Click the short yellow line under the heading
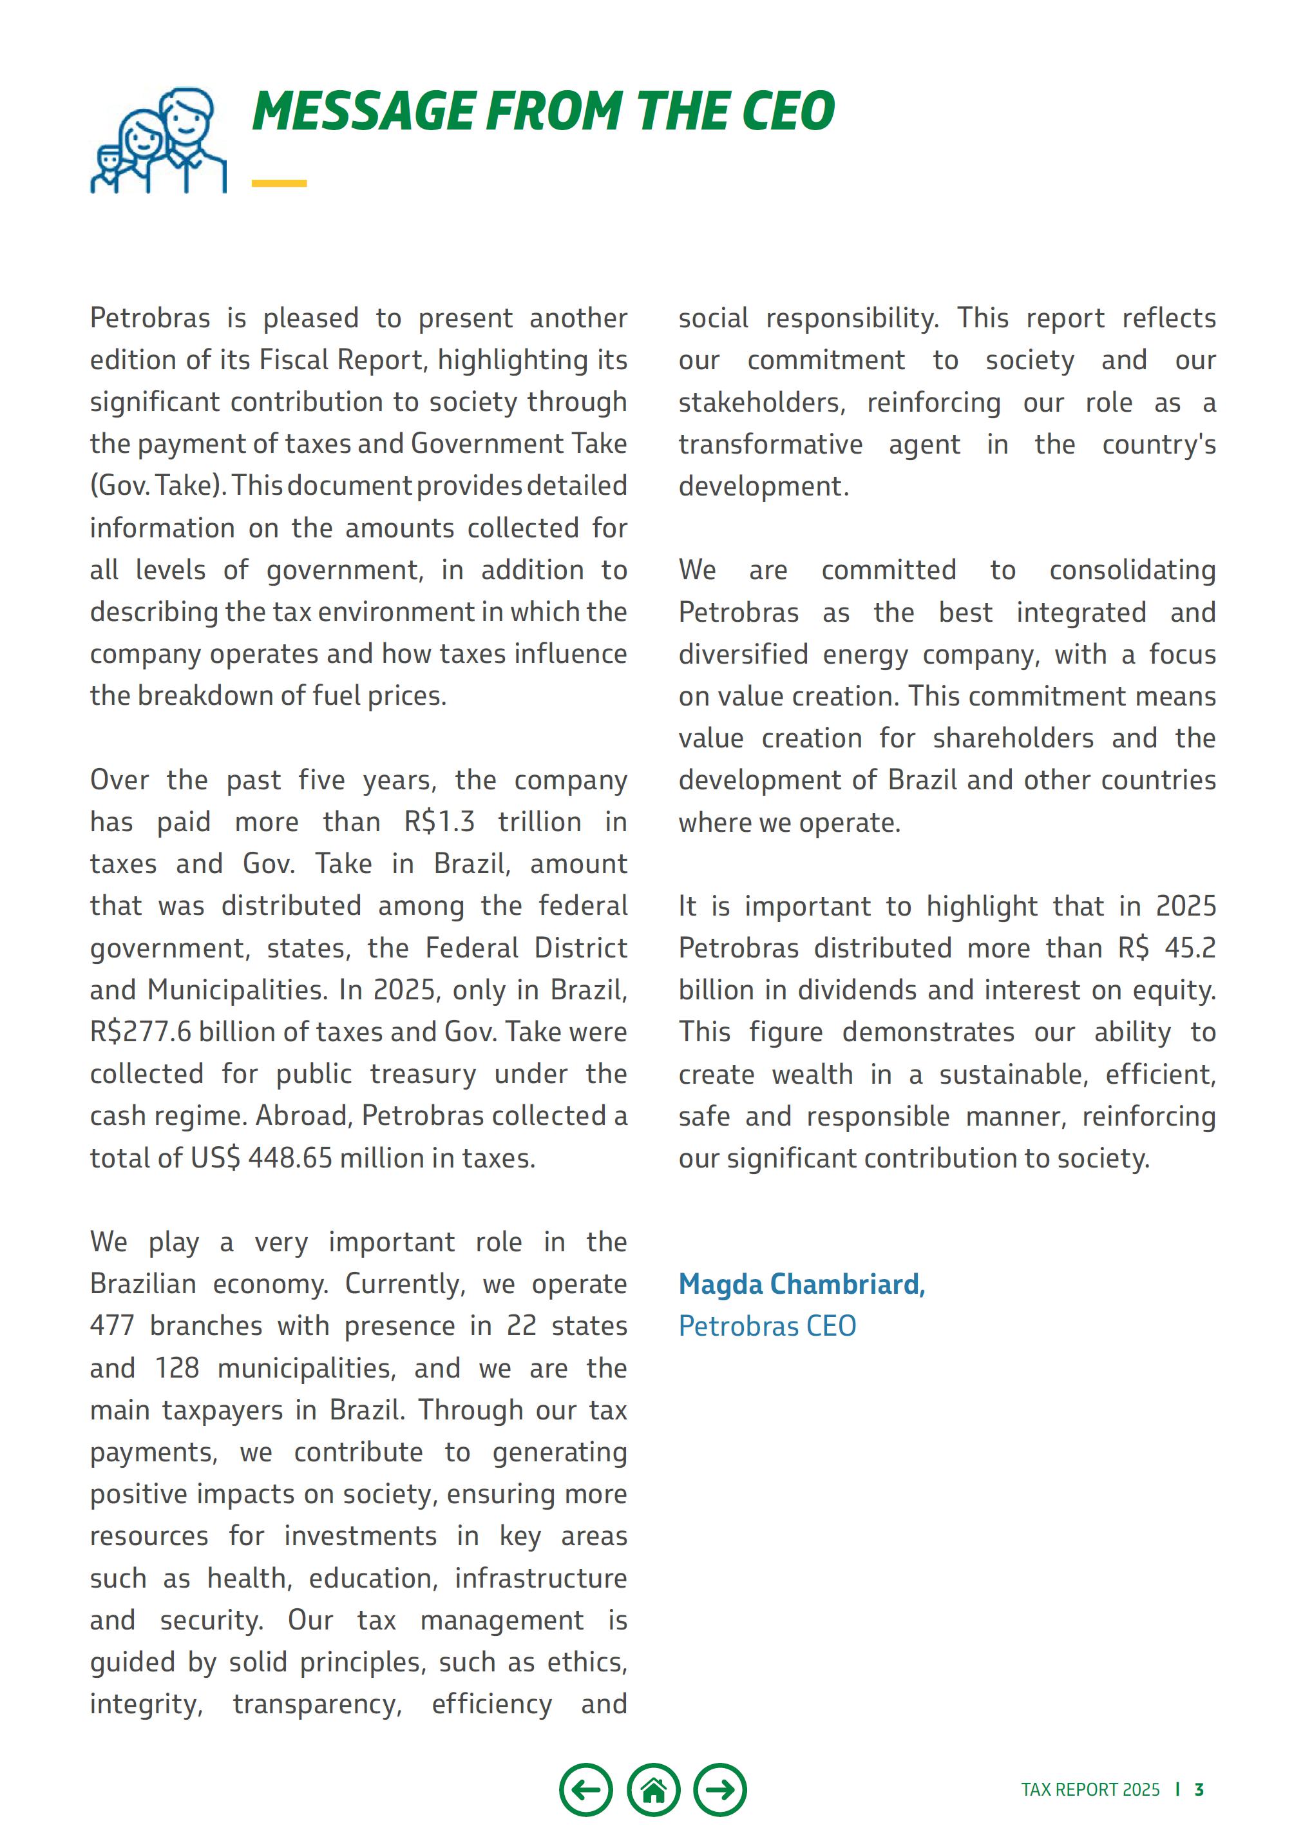[x=279, y=184]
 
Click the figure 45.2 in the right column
[x=1190, y=948]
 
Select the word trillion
[x=539, y=822]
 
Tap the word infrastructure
[x=540, y=1578]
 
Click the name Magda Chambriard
[x=801, y=1284]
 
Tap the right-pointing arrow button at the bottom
[x=720, y=1790]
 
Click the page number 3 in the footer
[x=1199, y=1790]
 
